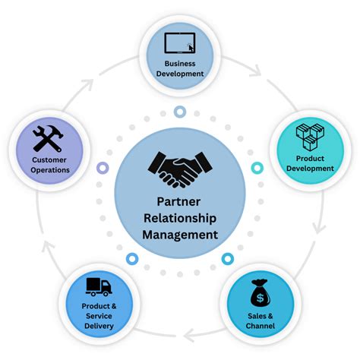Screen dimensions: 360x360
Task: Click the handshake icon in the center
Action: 180,169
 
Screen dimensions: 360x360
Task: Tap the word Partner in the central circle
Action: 180,202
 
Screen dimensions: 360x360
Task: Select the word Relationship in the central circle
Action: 180,218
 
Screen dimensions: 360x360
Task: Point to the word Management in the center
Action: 180,234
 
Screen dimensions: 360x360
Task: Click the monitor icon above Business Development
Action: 180,43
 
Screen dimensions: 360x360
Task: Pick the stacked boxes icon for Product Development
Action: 310,137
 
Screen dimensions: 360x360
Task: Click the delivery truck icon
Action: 99,287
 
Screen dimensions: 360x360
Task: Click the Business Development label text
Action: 180,68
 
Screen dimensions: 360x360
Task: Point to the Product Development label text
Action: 310,163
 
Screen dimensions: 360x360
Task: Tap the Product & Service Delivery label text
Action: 99,316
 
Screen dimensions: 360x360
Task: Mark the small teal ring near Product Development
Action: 256,166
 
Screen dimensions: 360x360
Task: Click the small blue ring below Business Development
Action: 180,112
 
